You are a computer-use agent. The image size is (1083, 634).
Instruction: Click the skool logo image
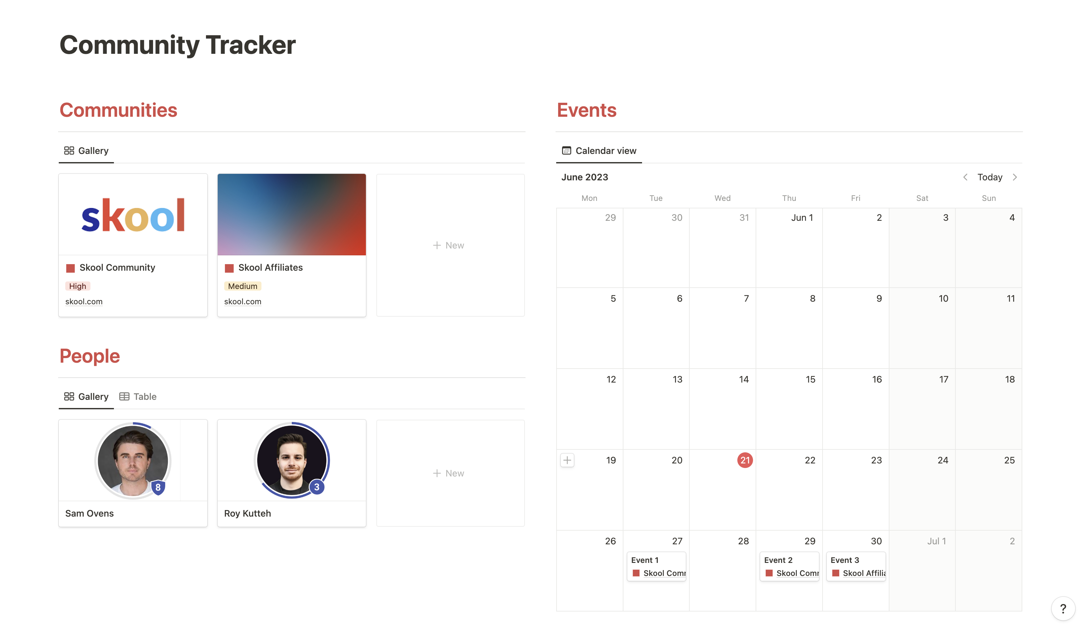[133, 215]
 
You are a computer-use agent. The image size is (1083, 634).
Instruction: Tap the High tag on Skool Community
[77, 286]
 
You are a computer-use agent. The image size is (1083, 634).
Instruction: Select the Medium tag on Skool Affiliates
[243, 286]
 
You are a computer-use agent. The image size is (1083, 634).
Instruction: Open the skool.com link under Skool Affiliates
[243, 302]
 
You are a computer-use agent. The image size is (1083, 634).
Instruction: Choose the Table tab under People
[138, 397]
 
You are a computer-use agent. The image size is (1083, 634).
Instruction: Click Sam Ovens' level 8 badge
[158, 487]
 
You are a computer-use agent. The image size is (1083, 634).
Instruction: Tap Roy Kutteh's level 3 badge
[317, 487]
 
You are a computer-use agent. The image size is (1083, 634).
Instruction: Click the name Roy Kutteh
[247, 513]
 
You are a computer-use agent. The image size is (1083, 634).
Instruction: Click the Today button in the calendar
[989, 177]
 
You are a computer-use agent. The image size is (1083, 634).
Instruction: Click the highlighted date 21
[745, 460]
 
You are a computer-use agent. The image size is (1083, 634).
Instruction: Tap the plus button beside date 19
[567, 460]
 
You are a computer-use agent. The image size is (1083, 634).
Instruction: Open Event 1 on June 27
[656, 566]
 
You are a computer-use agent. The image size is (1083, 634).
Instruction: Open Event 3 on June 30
[855, 566]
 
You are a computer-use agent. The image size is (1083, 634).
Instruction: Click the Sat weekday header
[922, 198]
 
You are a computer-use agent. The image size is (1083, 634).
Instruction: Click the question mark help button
[1063, 609]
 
